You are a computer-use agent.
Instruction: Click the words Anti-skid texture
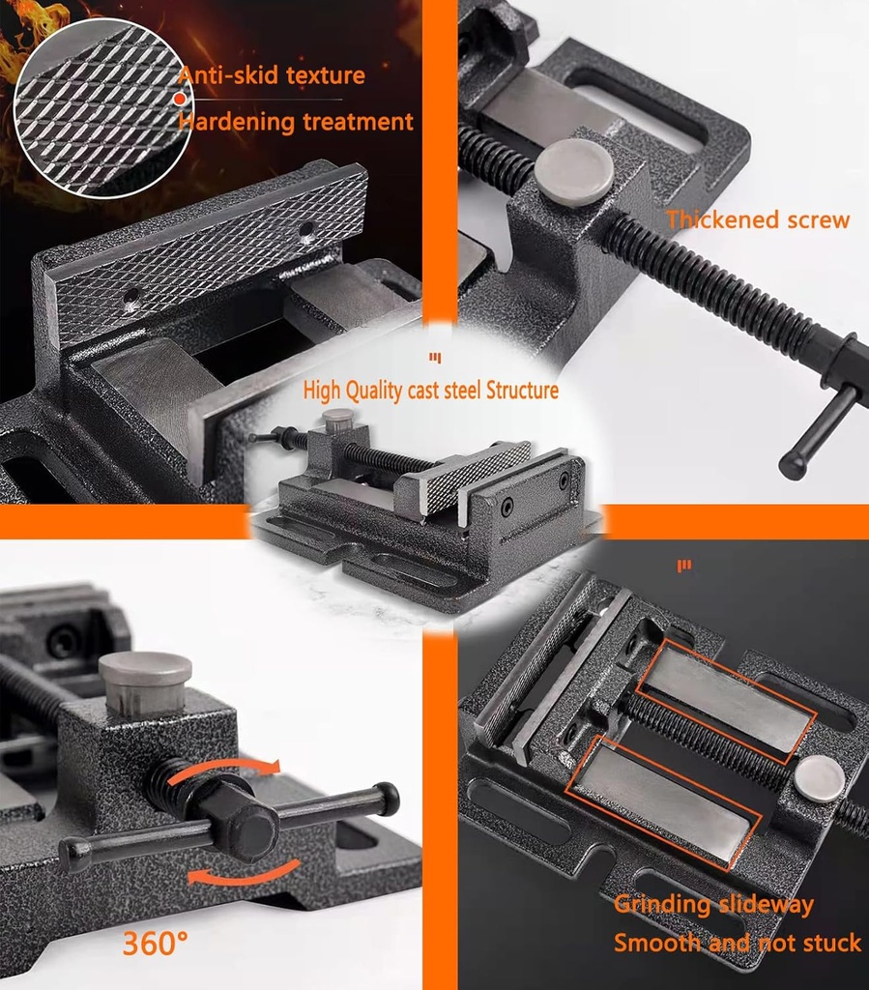271,75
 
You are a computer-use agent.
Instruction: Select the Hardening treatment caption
296,122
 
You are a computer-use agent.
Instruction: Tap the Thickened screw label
758,220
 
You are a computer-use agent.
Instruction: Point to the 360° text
155,943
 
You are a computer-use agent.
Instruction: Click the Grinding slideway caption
713,905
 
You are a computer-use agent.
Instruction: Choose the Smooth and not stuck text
737,943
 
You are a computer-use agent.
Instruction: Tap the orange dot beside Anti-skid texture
179,99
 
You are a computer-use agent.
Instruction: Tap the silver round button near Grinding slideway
819,777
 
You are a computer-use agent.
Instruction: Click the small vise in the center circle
425,503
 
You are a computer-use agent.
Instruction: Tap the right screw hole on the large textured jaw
306,232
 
